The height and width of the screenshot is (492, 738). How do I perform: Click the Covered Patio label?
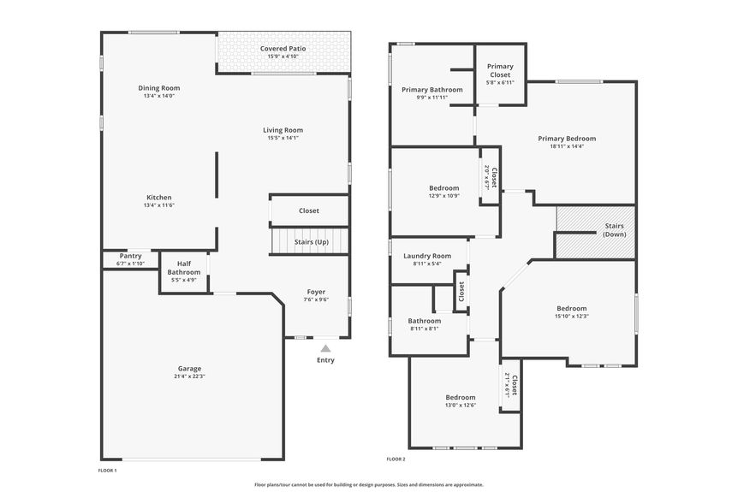tap(283, 49)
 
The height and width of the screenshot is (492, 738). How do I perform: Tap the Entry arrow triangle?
tap(325, 348)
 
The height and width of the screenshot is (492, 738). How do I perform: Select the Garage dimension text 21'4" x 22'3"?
tap(189, 376)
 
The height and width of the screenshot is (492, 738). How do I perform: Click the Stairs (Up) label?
tap(312, 242)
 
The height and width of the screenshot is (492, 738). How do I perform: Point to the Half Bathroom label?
tap(183, 268)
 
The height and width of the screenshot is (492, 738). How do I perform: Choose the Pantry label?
tap(130, 256)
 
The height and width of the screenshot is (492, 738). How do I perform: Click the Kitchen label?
tap(159, 198)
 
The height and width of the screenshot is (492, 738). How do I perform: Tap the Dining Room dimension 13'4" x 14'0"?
tap(159, 96)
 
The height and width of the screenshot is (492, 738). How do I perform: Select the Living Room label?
tap(283, 130)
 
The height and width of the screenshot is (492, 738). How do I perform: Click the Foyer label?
tap(316, 292)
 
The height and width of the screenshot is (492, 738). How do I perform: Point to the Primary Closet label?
tap(500, 70)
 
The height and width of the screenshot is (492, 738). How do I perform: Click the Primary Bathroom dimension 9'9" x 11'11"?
tap(432, 98)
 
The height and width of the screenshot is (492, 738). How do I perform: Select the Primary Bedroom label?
tap(567, 139)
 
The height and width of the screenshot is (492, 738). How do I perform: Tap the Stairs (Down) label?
tap(614, 230)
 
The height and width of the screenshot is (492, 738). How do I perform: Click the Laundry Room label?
tap(427, 256)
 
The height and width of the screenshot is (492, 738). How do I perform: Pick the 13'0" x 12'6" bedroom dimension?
tap(461, 405)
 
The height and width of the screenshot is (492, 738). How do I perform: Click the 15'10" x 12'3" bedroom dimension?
tap(572, 317)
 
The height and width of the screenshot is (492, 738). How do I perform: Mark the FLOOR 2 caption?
tap(396, 459)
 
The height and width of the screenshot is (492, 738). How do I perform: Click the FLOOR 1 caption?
tap(107, 471)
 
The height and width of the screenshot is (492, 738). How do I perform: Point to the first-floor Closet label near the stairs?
tap(309, 210)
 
